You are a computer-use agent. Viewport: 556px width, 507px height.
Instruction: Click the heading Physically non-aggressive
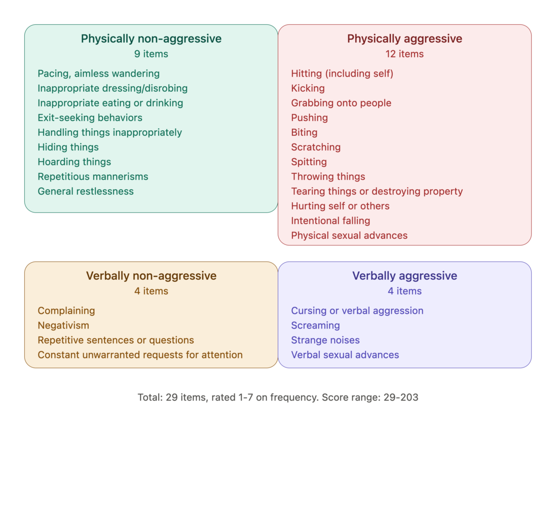pos(151,39)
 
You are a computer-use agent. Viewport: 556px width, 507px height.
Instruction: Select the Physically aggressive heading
pos(404,39)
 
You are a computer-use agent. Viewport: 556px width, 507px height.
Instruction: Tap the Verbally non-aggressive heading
pos(151,276)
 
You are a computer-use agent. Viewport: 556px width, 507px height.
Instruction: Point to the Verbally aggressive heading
pos(404,276)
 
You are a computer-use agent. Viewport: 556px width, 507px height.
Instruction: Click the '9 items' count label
pos(151,54)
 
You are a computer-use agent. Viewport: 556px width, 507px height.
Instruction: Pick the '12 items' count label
pos(404,54)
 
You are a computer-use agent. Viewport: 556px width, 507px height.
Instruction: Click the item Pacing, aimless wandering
pos(98,74)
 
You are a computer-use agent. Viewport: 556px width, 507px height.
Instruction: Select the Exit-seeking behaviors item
pos(90,118)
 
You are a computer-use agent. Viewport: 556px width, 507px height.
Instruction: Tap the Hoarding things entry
pos(74,162)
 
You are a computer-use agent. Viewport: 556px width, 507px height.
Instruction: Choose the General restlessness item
pos(86,191)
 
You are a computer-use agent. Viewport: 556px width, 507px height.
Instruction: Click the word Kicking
pos(308,88)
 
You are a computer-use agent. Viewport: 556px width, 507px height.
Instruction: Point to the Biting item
pos(304,132)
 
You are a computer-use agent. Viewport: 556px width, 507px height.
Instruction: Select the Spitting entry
pos(309,162)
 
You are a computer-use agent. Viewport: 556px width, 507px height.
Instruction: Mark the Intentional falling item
pos(330,221)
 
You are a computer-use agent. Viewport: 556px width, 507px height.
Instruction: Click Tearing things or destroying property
pos(377,191)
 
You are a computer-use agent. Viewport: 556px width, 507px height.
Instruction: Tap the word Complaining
pos(66,311)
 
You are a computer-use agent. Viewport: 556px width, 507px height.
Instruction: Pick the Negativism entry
pos(63,325)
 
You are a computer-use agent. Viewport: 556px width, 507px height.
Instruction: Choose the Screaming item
pos(316,325)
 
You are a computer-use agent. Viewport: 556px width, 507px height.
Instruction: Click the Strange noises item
pos(325,340)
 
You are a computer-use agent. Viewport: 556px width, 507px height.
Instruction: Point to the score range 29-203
pos(401,397)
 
